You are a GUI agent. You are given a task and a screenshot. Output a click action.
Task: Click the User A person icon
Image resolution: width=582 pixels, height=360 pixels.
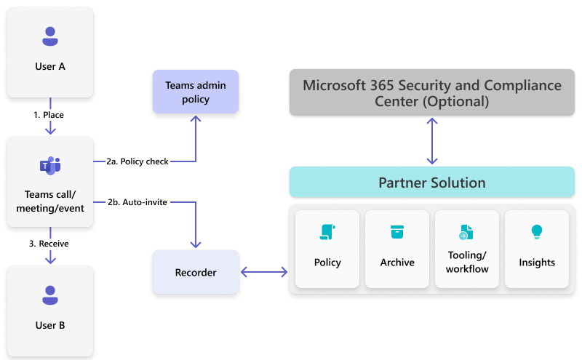[x=49, y=36]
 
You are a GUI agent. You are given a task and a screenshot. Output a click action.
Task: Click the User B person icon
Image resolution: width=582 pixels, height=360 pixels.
[x=49, y=295]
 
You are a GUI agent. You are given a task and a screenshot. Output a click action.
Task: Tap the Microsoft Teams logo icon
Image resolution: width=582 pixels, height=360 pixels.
[x=49, y=166]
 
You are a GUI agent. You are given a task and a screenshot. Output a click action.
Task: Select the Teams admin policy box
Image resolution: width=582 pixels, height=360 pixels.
[x=195, y=92]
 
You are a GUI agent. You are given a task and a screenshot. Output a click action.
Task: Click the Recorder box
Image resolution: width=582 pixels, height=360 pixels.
[x=195, y=273]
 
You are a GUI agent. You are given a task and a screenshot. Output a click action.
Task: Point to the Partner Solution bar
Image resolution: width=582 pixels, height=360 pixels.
[x=431, y=182]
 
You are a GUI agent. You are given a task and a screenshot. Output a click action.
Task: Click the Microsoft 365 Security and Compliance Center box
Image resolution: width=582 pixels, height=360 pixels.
[x=431, y=93]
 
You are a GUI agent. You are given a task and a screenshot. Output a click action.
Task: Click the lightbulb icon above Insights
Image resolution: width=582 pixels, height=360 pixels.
[x=537, y=232]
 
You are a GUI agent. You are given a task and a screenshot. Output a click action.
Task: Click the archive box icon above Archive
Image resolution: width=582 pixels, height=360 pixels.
[x=396, y=232]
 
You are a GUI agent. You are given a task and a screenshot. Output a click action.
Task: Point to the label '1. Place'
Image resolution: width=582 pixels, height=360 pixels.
[x=50, y=115]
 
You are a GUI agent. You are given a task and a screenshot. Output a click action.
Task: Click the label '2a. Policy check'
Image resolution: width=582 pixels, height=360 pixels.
[x=137, y=161]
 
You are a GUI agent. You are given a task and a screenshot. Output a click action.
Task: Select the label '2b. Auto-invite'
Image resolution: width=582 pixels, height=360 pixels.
[x=137, y=202]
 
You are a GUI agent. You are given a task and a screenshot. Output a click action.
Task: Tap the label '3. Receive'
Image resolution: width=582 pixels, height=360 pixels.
[x=49, y=244]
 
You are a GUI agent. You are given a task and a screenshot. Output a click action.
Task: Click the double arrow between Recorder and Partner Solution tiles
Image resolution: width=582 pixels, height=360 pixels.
[x=264, y=273]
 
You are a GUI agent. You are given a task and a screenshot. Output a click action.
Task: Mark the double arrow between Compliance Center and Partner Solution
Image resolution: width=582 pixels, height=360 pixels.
[x=432, y=141]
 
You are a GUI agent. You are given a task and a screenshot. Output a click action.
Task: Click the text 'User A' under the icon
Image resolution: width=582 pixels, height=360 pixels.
[x=50, y=66]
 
